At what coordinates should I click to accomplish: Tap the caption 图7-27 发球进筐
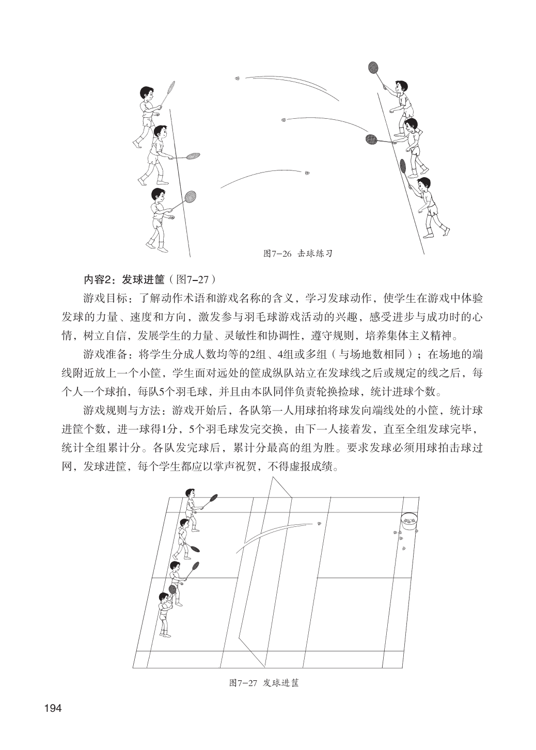pyautogui.click(x=264, y=682)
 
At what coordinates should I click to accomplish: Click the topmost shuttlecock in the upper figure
pyautogui.click(x=238, y=79)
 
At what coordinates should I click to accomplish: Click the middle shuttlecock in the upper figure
pyautogui.click(x=283, y=120)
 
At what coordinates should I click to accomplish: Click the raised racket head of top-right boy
pyautogui.click(x=373, y=68)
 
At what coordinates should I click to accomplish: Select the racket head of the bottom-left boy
pyautogui.click(x=191, y=196)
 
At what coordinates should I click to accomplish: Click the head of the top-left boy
pyautogui.click(x=147, y=93)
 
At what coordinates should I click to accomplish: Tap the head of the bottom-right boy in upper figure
pyautogui.click(x=424, y=184)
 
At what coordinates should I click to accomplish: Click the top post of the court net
pyautogui.click(x=272, y=478)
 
